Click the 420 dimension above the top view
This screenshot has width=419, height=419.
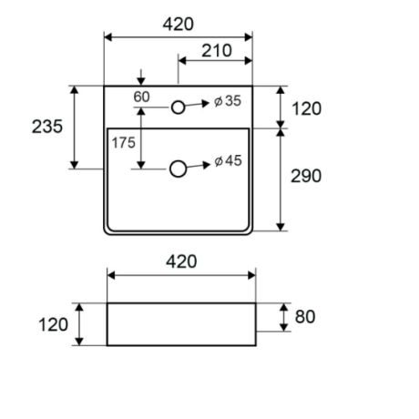coord(178,25)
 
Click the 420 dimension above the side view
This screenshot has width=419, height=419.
coord(181,261)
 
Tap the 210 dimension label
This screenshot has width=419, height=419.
coord(217,51)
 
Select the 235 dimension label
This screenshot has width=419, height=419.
coord(47,127)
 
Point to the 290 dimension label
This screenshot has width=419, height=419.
coord(306,176)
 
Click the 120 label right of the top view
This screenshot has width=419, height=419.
coord(306,108)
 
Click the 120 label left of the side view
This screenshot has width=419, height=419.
coord(53,324)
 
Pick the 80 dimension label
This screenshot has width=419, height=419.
coord(305,317)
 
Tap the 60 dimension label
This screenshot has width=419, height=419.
coord(141,97)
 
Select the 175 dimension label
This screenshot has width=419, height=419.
coord(123,143)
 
